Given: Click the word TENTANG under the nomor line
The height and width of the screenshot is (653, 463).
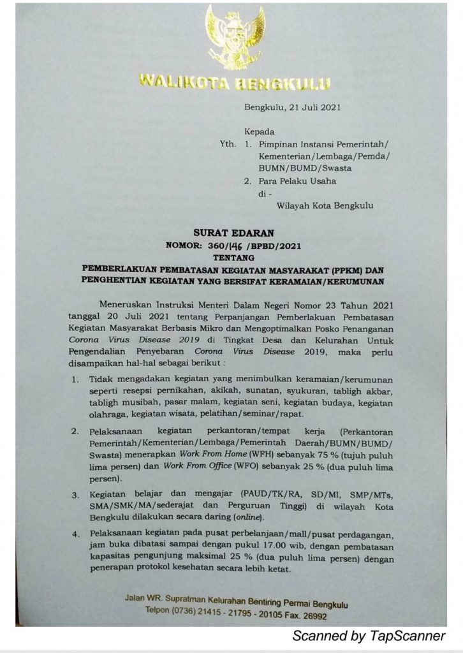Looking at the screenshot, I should [x=231, y=257].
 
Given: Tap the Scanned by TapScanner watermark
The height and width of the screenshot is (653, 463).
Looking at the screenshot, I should [x=369, y=636].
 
